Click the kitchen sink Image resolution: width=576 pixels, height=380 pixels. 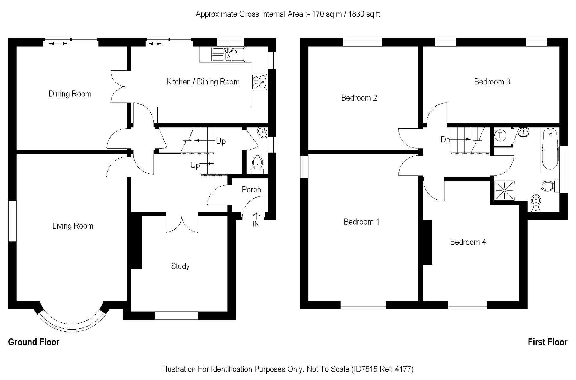[228, 54]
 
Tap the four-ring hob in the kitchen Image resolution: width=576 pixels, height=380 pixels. [260, 82]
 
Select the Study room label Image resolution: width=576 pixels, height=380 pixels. [180, 266]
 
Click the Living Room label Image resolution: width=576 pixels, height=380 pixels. [73, 226]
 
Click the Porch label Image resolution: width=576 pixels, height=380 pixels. [251, 190]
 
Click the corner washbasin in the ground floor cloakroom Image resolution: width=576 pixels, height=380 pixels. [263, 132]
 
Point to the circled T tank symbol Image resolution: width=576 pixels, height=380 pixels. [500, 136]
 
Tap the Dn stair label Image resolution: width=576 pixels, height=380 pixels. [445, 140]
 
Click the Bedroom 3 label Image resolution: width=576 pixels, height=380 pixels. [492, 82]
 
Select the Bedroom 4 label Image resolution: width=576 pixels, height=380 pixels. [468, 242]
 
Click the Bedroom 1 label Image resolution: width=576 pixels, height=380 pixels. [361, 222]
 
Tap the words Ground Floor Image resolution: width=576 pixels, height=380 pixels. [34, 342]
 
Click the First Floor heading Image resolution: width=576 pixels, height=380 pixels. [547, 342]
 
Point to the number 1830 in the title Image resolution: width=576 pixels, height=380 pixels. [356, 14]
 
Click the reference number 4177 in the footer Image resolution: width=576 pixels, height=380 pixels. [403, 369]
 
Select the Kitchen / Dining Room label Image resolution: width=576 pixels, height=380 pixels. [203, 82]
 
